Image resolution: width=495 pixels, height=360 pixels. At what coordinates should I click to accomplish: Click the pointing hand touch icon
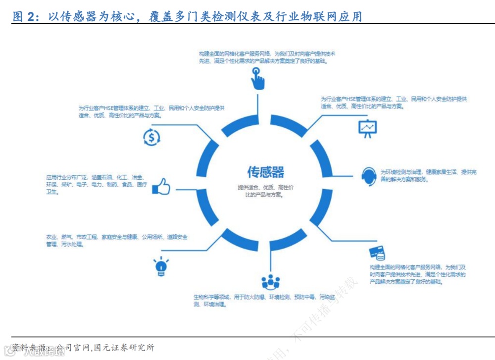tap(256, 78)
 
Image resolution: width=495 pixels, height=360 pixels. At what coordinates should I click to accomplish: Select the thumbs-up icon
tap(161, 187)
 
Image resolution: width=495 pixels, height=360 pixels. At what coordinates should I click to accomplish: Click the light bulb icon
tap(160, 266)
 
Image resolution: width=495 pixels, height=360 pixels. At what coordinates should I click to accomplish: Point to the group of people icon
tap(271, 282)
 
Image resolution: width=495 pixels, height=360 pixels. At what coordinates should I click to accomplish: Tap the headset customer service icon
tap(369, 175)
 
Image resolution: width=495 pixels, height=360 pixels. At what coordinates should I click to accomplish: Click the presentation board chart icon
tap(367, 129)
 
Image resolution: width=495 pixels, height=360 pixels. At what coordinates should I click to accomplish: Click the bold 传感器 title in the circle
tap(266, 172)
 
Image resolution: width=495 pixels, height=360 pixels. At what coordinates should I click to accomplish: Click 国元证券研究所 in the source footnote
tap(124, 348)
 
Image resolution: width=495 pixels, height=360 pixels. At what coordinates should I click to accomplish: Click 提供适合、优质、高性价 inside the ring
tap(266, 188)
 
